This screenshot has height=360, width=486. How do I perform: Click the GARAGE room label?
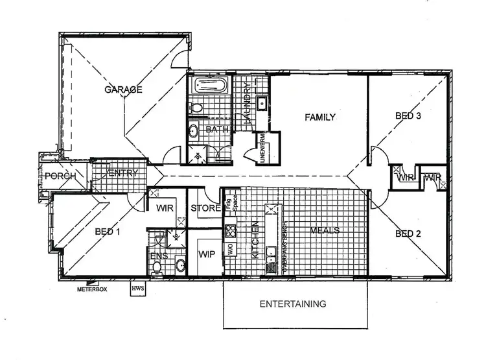[x=123, y=90]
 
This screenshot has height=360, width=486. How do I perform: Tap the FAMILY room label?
[x=320, y=117]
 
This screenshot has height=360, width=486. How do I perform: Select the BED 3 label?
[x=409, y=117]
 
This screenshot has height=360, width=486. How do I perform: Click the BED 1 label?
[x=108, y=232]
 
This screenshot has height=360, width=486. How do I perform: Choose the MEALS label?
[x=325, y=231]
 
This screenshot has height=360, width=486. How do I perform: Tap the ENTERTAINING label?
[x=292, y=304]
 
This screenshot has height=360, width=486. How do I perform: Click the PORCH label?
[x=62, y=176]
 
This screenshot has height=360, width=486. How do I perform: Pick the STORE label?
[x=204, y=209]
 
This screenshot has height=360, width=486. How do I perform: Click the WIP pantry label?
[x=207, y=255]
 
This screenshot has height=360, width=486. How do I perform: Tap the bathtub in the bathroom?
[x=209, y=86]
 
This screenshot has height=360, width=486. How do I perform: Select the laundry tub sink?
[x=263, y=104]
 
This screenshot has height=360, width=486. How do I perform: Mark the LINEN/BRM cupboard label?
[x=264, y=149]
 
